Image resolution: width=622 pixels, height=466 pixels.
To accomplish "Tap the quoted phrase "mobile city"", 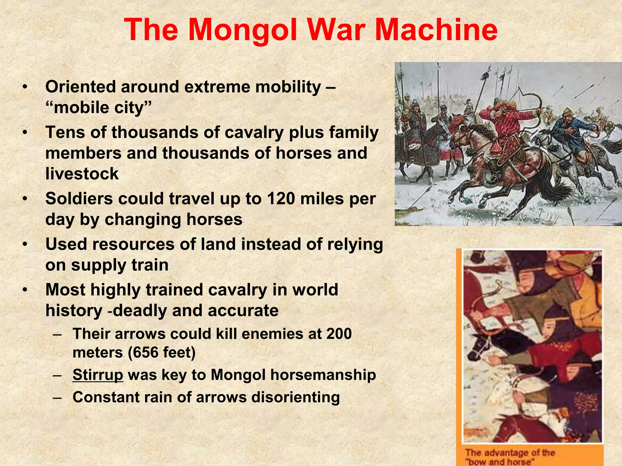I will [98, 107].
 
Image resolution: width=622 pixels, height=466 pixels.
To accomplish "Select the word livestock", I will [82, 174].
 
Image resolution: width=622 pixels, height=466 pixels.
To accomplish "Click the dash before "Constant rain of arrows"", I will [57, 397].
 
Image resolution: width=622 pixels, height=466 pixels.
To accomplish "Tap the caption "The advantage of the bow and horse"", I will [510, 457].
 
